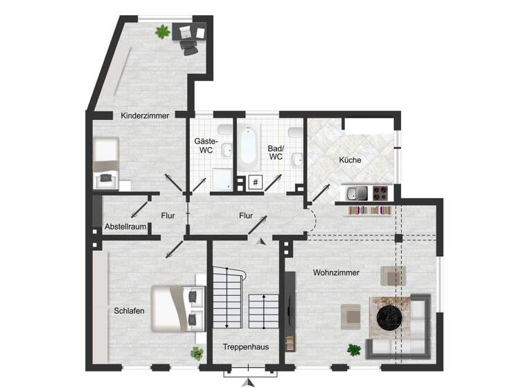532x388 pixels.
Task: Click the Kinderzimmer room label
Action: point(145,116)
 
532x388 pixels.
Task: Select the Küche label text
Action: point(350,160)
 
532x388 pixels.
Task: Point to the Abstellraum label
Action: point(125,227)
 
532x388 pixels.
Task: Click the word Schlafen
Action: point(130,311)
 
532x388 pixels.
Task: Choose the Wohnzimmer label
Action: point(336,272)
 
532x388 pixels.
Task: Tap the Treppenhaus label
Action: point(246,346)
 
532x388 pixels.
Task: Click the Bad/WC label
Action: point(276,152)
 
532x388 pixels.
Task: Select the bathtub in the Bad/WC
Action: point(247,144)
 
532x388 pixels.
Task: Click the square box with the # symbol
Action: point(255,183)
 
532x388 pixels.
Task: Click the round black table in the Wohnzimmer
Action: point(389,317)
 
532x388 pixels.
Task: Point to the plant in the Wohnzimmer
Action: point(354,350)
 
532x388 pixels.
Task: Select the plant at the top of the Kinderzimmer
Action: point(162,31)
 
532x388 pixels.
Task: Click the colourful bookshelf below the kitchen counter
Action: point(369,210)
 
